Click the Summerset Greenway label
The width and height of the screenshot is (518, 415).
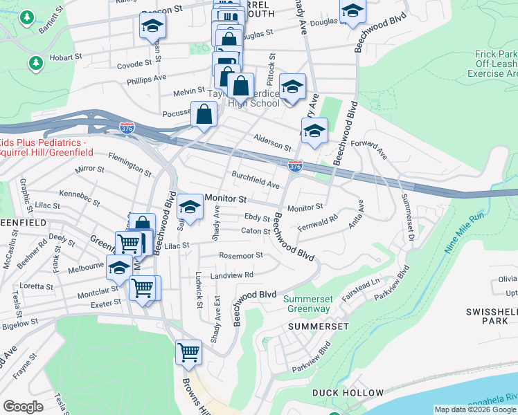(306, 304)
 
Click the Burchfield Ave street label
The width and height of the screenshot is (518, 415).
(256, 180)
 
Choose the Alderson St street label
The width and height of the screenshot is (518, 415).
(272, 142)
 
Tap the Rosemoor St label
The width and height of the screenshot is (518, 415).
(241, 255)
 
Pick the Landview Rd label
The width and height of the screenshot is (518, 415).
(232, 275)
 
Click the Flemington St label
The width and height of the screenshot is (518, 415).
(129, 166)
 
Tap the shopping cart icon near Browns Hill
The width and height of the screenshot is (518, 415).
(188, 352)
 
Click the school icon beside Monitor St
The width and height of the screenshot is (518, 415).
(190, 206)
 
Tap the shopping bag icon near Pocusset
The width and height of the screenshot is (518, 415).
(204, 115)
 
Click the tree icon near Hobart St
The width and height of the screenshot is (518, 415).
(35, 64)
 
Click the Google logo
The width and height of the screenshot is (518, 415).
(24, 407)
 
